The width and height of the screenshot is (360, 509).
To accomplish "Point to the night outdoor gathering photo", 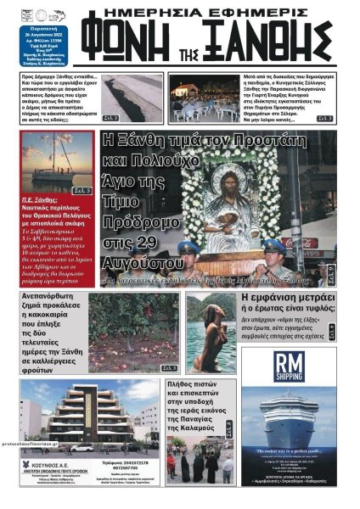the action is (203, 99).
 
